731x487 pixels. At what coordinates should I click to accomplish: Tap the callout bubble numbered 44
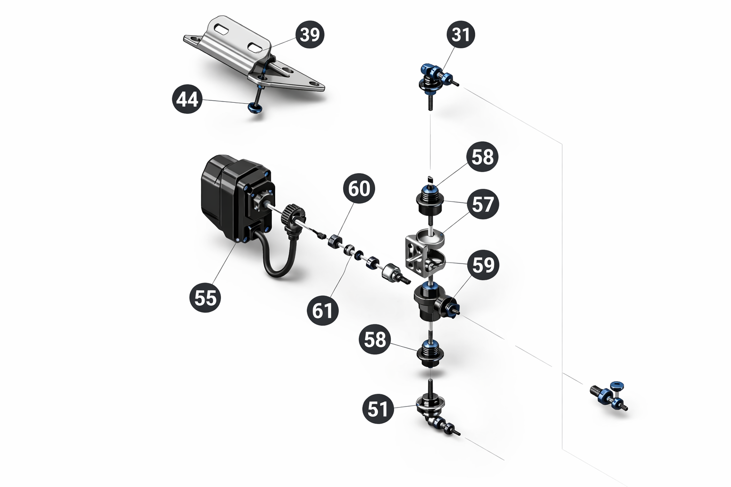coord(187,99)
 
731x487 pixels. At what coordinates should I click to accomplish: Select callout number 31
coord(460,34)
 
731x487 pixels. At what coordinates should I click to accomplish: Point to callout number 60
coord(359,188)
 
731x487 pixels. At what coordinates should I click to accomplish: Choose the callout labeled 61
coord(322,310)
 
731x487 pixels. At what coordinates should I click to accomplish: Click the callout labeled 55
coord(205,298)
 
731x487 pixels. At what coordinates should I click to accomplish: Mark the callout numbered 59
coord(484,264)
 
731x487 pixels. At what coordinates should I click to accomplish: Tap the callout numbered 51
coord(377,409)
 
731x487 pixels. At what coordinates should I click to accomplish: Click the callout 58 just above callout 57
coord(483,157)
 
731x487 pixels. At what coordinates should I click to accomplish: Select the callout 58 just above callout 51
coord(375,340)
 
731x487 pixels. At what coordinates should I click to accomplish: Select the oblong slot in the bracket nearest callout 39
coord(257,47)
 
